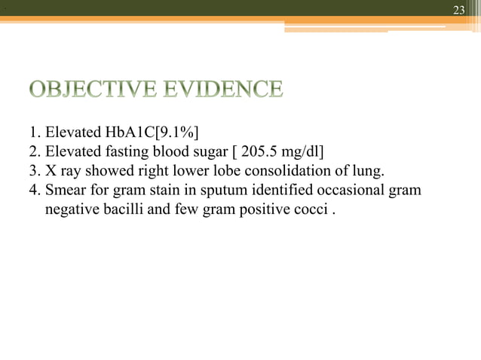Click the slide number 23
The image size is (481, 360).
tap(458, 10)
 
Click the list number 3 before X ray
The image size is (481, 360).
tap(32, 174)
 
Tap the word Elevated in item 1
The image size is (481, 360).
tap(72, 138)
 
